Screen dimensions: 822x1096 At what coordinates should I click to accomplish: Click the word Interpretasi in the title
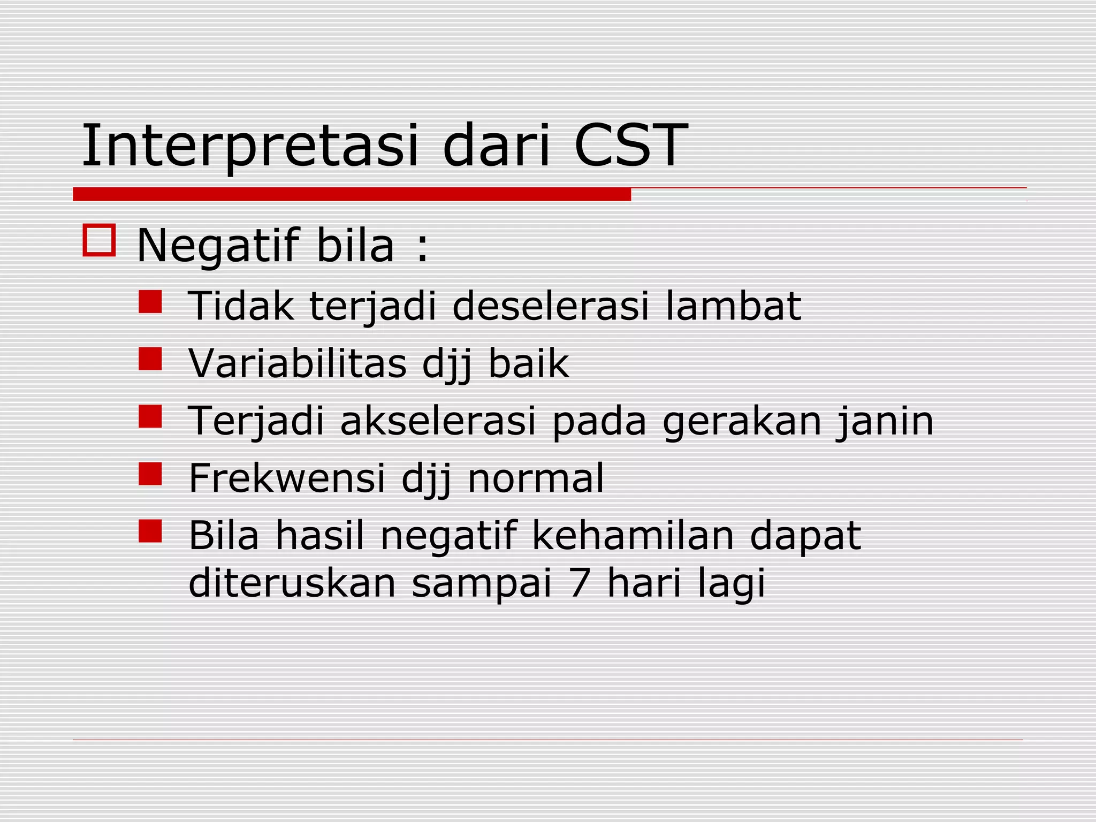(x=249, y=146)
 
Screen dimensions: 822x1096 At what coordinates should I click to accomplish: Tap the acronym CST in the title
(x=630, y=146)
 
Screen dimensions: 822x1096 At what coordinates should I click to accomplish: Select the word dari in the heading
(x=497, y=146)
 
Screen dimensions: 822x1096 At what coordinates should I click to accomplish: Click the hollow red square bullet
(x=99, y=240)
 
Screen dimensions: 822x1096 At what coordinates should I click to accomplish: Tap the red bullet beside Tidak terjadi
(x=150, y=302)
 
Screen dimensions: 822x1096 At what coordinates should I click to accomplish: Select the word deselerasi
(x=551, y=306)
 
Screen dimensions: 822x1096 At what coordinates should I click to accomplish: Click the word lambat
(x=733, y=306)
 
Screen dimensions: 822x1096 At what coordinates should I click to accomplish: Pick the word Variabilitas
(x=298, y=364)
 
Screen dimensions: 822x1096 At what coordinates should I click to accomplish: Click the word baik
(x=528, y=364)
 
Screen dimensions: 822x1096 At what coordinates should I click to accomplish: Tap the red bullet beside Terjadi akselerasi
(x=150, y=416)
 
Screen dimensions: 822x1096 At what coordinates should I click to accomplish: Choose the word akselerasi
(x=438, y=421)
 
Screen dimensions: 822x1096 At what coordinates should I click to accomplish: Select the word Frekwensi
(x=287, y=478)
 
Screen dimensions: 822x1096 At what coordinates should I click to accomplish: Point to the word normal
(x=536, y=478)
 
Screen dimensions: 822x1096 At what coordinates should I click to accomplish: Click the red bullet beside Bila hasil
(x=150, y=531)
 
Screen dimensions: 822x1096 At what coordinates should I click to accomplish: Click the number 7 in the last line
(x=580, y=583)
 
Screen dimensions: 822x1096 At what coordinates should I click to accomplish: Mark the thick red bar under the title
(x=352, y=194)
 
